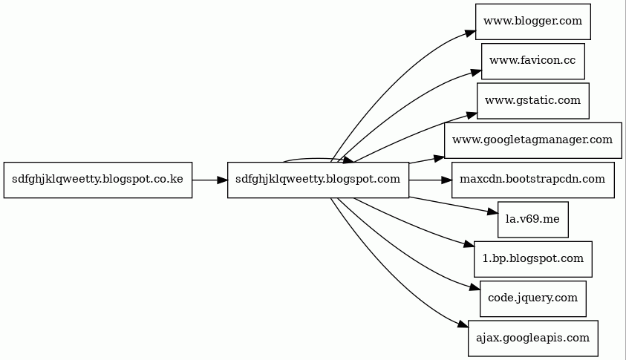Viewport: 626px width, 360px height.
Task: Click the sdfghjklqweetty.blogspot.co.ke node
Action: (x=98, y=180)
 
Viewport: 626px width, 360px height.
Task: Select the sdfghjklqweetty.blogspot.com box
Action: (x=318, y=180)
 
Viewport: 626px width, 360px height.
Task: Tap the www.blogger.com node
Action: (x=533, y=22)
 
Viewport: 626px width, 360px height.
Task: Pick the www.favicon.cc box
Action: (x=533, y=62)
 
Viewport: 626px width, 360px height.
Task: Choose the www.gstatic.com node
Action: (x=533, y=101)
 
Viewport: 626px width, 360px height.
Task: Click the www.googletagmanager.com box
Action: (x=533, y=140)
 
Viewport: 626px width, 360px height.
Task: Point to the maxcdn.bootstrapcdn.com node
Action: (x=533, y=180)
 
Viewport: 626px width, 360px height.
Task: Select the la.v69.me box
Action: (x=533, y=220)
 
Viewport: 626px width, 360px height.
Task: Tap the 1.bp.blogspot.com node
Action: (x=533, y=259)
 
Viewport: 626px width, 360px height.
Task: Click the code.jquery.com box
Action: (x=533, y=298)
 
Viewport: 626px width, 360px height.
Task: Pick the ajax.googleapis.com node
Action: (x=533, y=338)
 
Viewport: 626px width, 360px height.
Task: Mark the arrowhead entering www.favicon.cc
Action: (x=476, y=73)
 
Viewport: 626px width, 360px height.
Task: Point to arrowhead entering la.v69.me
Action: (x=492, y=212)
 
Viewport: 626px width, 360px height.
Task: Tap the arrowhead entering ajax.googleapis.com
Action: (x=463, y=324)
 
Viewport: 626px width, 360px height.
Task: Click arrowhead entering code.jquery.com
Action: (x=475, y=287)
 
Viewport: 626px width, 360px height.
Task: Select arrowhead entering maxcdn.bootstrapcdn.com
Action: (x=446, y=180)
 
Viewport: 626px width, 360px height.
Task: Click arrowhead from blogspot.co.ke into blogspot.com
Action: (x=222, y=180)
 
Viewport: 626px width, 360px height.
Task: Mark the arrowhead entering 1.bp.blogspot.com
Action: (x=469, y=244)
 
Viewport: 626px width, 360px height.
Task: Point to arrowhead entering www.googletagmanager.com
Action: (x=439, y=158)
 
